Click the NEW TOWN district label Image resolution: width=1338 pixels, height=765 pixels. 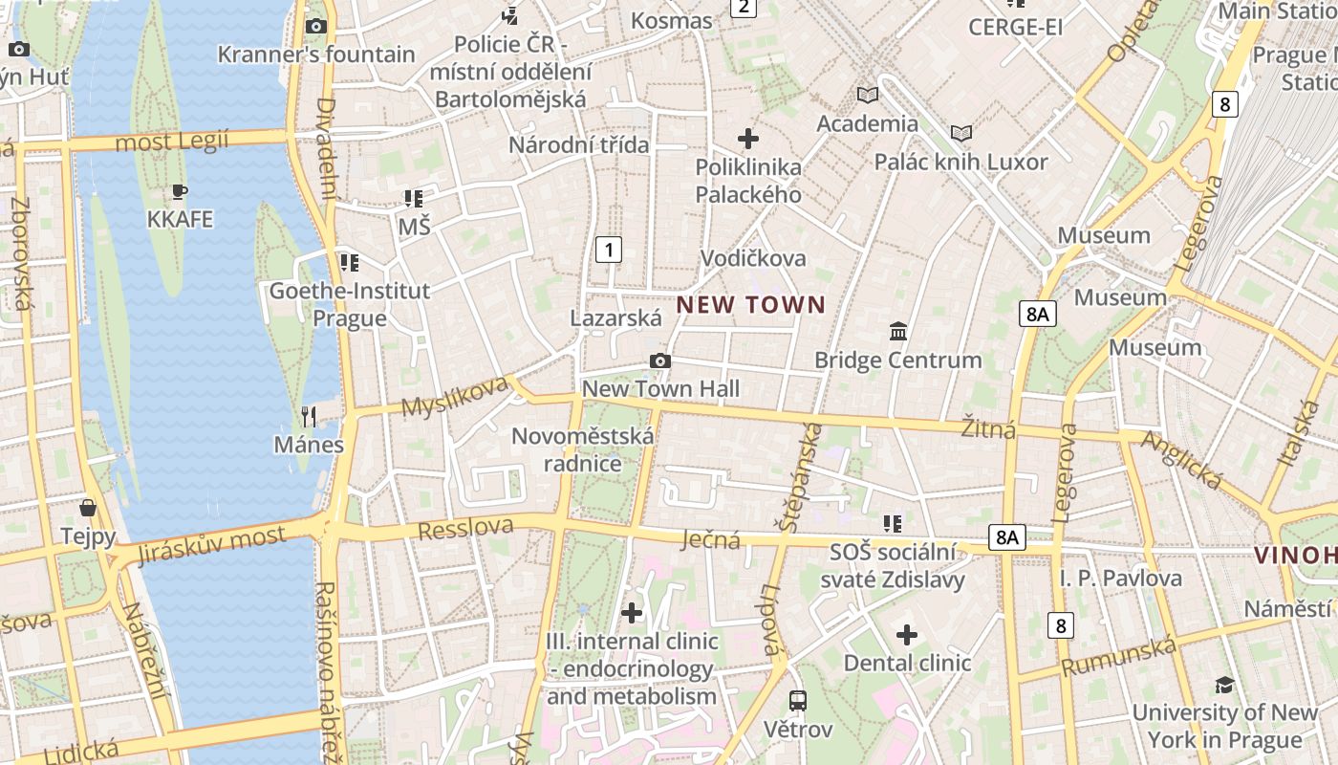tap(750, 305)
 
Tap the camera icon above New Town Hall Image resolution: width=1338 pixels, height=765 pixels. tap(659, 361)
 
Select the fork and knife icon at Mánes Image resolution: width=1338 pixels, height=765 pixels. tap(308, 416)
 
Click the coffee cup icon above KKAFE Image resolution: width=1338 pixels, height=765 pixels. tap(180, 191)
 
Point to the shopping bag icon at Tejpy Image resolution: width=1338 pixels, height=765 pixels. tap(88, 507)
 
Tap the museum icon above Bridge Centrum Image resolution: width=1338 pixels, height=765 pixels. tap(898, 332)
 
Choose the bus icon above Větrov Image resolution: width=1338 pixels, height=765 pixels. tap(798, 700)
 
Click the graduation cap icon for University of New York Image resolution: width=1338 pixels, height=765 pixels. tap(1224, 685)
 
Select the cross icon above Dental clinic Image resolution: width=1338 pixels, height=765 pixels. tap(907, 634)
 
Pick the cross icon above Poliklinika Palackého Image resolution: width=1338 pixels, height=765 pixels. tap(748, 139)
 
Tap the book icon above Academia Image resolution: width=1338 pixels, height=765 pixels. tap(868, 95)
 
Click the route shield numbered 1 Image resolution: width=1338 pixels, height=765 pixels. tap(609, 251)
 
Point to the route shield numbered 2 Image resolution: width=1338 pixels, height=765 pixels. tap(743, 8)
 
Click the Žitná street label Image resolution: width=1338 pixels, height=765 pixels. tap(988, 429)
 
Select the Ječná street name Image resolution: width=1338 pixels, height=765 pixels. tap(710, 539)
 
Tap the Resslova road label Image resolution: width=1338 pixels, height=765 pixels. tap(465, 527)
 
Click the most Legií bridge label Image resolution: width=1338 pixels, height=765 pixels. tap(172, 142)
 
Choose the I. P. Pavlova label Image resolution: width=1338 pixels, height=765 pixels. tap(1120, 578)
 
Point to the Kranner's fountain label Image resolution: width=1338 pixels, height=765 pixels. tap(316, 55)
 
